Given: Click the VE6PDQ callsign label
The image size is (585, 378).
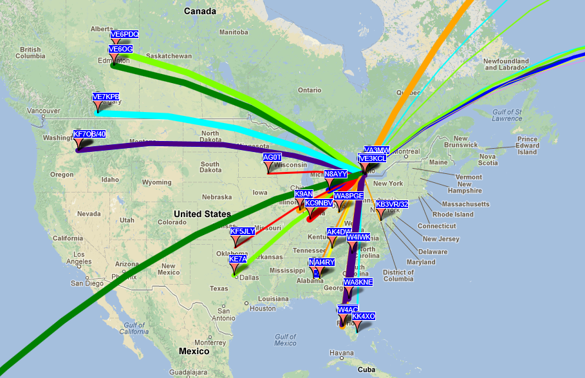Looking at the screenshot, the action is coord(124,34).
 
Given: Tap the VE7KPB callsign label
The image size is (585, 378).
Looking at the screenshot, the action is coord(106,97).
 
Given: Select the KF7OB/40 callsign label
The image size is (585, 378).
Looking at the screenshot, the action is coord(89,134).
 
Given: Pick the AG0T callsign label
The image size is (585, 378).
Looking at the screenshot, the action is coord(273,157).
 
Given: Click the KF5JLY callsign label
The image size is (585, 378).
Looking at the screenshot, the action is coord(243,231).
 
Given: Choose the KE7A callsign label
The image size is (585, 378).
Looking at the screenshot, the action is coord(237,259).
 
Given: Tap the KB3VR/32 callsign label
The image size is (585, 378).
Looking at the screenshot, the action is coord(392,204).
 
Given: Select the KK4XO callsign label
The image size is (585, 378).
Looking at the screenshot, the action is coord(364,316).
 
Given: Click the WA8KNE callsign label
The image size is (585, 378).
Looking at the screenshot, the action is coord(358,282).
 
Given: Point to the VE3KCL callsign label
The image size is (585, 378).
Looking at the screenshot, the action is coord(373,158).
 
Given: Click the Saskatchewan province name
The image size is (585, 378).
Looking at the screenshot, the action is coord(169,56).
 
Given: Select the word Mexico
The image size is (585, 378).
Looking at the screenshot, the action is coord(194,351).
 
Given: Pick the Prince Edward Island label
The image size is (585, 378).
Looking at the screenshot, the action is coord(527,146).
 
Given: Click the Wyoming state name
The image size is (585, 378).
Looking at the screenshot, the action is coord(156,182).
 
